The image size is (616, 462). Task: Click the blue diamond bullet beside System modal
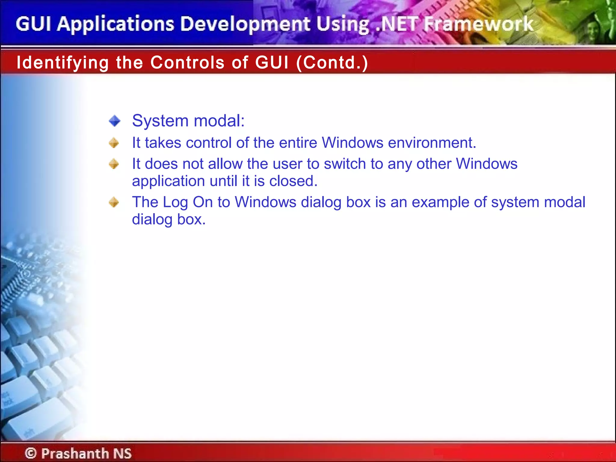[x=115, y=121]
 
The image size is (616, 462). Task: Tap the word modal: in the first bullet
[x=219, y=121]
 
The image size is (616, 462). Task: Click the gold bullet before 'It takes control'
[x=114, y=143]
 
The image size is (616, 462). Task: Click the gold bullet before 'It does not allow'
[x=114, y=164]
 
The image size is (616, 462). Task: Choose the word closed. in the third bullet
[x=293, y=181]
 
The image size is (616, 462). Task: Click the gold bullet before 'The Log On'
[x=114, y=202]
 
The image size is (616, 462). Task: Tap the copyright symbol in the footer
[x=31, y=453]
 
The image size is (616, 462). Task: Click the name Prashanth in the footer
[x=75, y=453]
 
